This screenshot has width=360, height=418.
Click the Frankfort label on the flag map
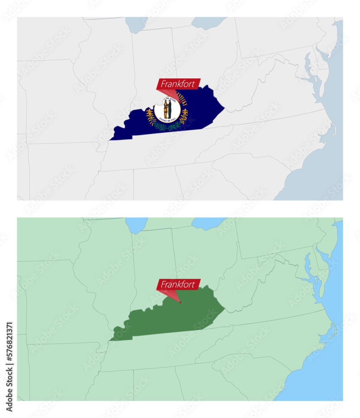pos(177,84)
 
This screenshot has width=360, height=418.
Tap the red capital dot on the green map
pos(180,302)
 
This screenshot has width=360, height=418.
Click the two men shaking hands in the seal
pos(167,108)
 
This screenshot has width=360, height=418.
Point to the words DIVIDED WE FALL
pos(167,119)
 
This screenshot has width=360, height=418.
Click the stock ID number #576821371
pos(9,342)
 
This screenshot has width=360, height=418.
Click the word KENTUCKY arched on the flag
pos(181,99)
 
